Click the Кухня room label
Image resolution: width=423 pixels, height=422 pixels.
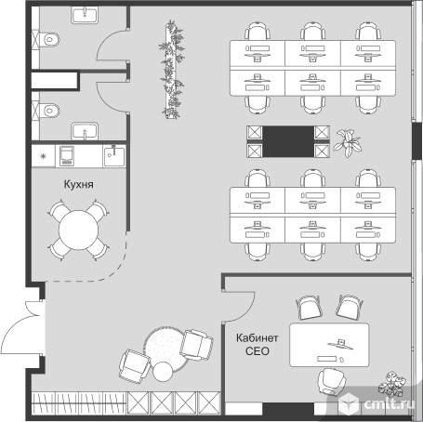tap(78, 184)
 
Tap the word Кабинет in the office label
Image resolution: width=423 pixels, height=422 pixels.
tap(257, 337)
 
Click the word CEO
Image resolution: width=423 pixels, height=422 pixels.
tap(258, 351)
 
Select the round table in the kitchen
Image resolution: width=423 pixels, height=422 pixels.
tap(78, 230)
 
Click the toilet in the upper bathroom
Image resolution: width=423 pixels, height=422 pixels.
tap(49, 39)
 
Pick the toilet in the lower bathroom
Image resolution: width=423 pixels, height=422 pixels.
tap(49, 111)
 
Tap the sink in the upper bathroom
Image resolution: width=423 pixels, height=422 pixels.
tap(85, 15)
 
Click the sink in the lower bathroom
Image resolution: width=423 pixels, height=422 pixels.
tap(85, 131)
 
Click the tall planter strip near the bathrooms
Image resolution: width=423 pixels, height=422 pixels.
tap(172, 70)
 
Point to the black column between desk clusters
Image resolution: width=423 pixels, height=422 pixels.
tap(288, 141)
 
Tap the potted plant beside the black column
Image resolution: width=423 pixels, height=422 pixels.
tap(348, 143)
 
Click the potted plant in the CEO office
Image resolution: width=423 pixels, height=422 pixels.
tap(392, 384)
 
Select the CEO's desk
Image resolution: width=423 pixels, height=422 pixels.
tap(329, 345)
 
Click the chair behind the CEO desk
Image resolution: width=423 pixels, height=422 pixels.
tap(331, 382)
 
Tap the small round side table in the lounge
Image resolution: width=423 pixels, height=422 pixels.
tap(163, 371)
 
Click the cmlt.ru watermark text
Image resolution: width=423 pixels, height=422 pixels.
tap(390, 403)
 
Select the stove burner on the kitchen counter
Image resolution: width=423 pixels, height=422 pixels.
tap(43, 155)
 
